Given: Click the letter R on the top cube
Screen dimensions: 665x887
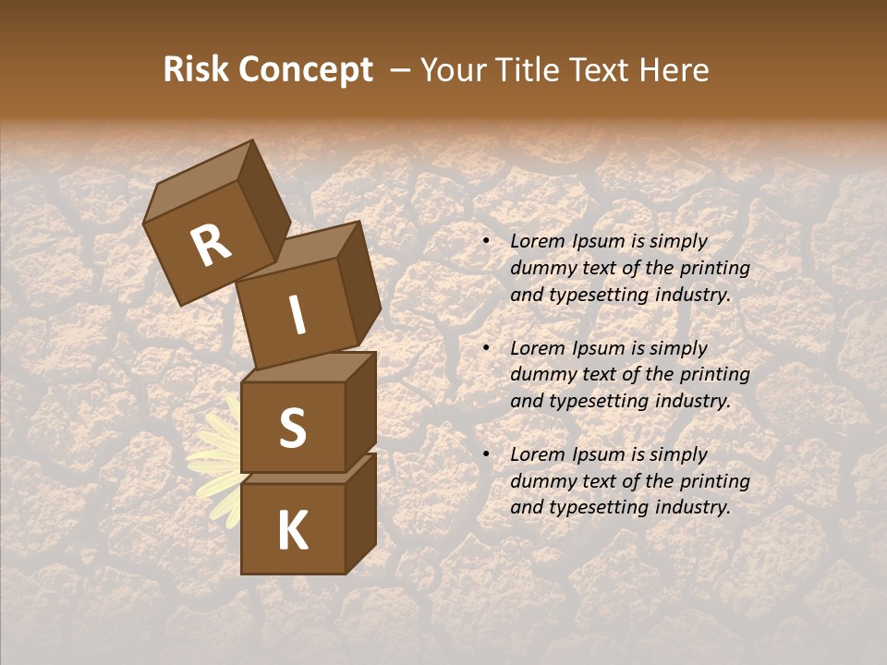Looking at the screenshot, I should tap(211, 246).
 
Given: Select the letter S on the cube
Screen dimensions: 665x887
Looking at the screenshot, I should tap(292, 428).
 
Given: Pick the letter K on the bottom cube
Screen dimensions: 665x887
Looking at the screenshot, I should tap(292, 531).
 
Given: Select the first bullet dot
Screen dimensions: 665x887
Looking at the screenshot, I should tap(487, 242).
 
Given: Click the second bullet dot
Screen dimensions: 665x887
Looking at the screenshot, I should tap(487, 348).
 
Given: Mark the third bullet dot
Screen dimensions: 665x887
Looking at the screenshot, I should tap(487, 455).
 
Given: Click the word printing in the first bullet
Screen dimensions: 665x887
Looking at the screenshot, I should tap(715, 269).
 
